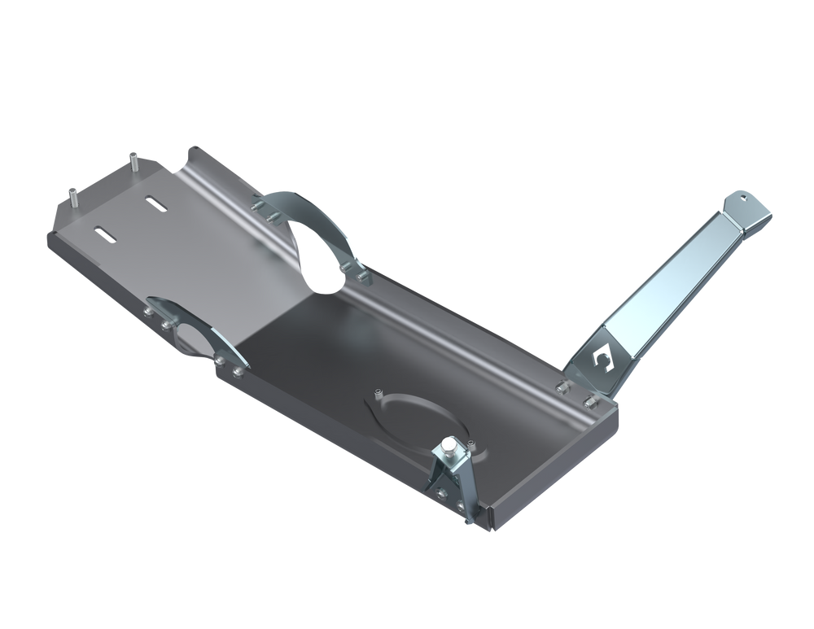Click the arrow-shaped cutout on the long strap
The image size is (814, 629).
[604, 353]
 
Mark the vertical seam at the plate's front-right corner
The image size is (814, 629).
[493, 517]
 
